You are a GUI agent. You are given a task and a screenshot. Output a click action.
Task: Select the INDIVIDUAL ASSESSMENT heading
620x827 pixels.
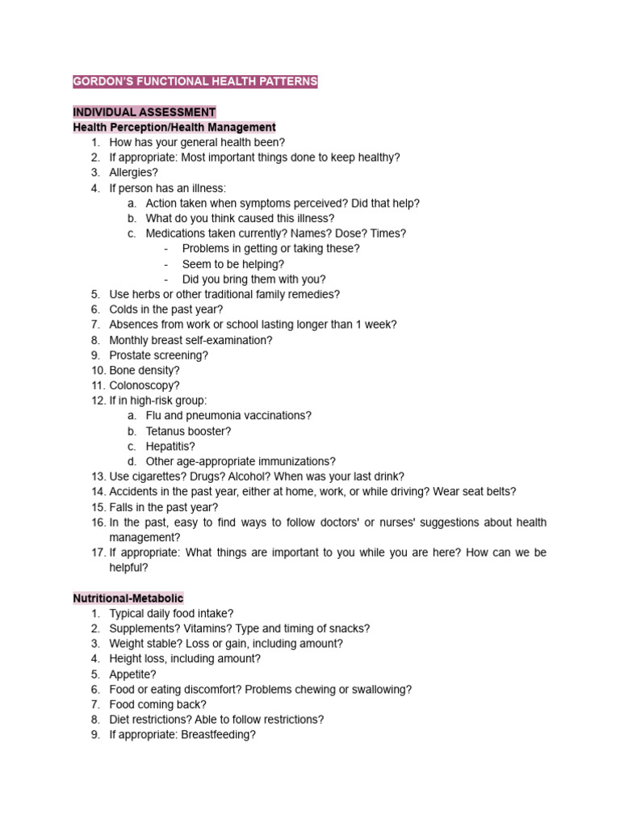pos(145,112)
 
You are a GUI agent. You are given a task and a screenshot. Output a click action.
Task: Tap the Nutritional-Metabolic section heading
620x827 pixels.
pos(128,598)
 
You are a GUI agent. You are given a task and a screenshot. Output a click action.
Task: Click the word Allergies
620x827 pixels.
pos(132,173)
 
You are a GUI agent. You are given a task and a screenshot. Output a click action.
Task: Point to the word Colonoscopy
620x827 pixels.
pos(143,385)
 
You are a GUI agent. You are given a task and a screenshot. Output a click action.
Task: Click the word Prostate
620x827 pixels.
pos(129,355)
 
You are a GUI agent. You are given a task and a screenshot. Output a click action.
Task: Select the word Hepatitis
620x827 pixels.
pos(170,447)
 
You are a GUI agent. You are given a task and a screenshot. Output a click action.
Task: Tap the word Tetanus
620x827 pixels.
pos(166,431)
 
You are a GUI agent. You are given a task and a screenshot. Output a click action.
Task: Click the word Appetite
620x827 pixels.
pos(132,674)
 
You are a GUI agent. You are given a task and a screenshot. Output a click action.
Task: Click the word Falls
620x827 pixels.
pos(122,507)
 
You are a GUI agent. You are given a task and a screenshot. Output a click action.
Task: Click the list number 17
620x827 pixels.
pos(98,552)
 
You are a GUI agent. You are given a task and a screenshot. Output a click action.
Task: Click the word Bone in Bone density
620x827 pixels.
pos(122,371)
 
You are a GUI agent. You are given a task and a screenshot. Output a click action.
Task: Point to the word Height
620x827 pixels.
pos(125,659)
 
